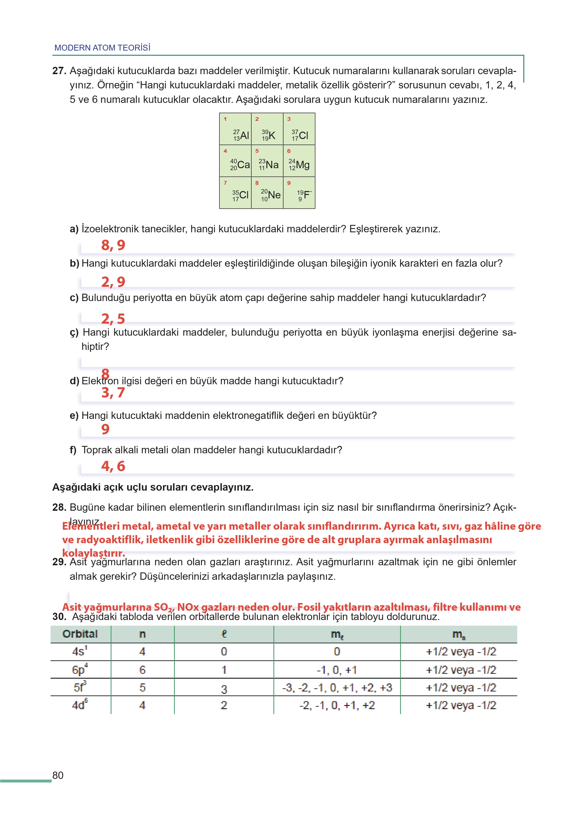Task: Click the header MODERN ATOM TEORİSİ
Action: pos(102,48)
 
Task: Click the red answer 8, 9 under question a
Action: pos(113,245)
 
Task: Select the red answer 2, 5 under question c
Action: pos(113,319)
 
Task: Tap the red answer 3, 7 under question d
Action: pos(113,393)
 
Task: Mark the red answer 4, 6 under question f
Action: pos(113,466)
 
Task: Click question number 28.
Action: pos(59,507)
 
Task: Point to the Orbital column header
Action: pos(80,634)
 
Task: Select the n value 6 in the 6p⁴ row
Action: pos(143,670)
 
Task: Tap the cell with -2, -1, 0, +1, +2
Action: pos(337,705)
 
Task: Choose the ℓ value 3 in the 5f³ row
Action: pos(224,689)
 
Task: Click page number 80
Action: pos(58,775)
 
